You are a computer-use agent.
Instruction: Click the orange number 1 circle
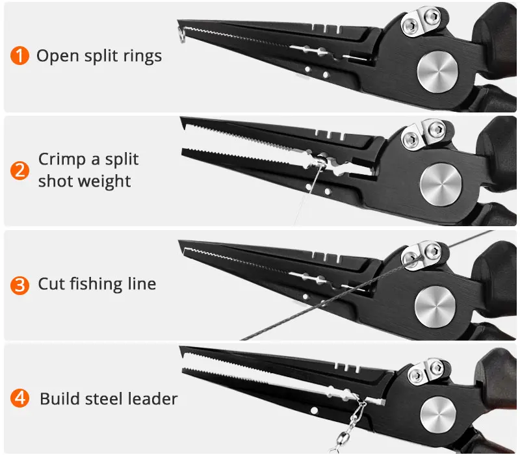(20, 55)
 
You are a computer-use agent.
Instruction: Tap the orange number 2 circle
(20, 170)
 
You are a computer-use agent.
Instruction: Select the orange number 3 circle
(20, 285)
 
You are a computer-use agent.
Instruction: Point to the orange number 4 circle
(20, 398)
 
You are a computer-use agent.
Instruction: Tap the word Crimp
(60, 160)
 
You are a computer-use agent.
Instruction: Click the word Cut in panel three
(51, 284)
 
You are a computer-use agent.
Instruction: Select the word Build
(58, 398)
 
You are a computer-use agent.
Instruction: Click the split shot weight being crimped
(320, 157)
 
